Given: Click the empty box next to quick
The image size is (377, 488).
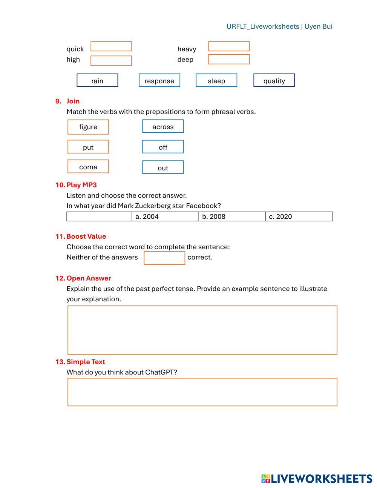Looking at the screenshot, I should pyautogui.click(x=111, y=46).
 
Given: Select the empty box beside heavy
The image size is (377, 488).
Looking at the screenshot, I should pyautogui.click(x=229, y=46).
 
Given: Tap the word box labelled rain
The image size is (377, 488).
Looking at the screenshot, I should pyautogui.click(x=97, y=80).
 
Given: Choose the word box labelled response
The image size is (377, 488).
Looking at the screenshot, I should pyautogui.click(x=159, y=80).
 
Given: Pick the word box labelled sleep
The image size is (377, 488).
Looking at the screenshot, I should pyautogui.click(x=216, y=80).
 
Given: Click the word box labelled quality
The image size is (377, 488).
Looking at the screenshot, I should pyautogui.click(x=274, y=80).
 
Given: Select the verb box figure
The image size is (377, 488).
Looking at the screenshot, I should pyautogui.click(x=88, y=127).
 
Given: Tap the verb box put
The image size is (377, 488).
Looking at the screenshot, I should pyautogui.click(x=88, y=147).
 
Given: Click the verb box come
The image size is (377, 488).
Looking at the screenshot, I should pyautogui.click(x=88, y=166).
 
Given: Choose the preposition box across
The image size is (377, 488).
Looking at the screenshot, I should pyautogui.click(x=163, y=126).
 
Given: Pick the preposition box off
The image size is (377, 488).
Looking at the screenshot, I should pyautogui.click(x=163, y=147).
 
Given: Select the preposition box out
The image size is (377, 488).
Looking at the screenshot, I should pyautogui.click(x=163, y=167).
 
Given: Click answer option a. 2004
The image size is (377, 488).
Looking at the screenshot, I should pyautogui.click(x=165, y=216).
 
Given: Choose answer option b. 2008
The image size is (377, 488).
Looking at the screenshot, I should pyautogui.click(x=231, y=216).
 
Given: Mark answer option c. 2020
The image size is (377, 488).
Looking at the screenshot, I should pyautogui.click(x=298, y=216).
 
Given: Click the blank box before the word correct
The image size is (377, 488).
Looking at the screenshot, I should pyautogui.click(x=164, y=258).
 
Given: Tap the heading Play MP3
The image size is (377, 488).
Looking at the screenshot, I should pyautogui.click(x=81, y=185).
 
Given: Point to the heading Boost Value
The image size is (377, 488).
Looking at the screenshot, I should pyautogui.click(x=86, y=236).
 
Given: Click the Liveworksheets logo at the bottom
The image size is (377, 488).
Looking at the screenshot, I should pyautogui.click(x=317, y=479).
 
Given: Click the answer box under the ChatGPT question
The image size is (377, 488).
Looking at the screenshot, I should pyautogui.click(x=202, y=392).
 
